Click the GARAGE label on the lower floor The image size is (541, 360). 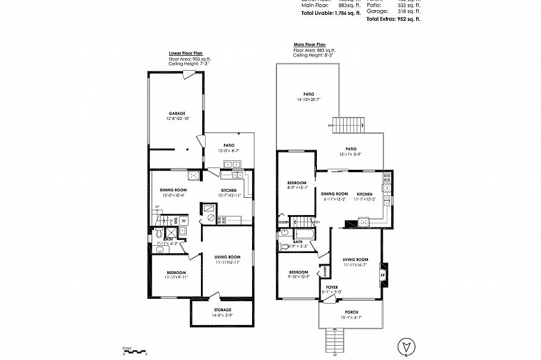[x=177, y=113]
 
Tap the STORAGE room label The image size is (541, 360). [x=222, y=310]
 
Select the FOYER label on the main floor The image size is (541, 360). [x=332, y=286]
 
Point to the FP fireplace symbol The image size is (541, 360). [x=383, y=275]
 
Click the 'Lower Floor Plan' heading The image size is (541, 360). [x=185, y=53]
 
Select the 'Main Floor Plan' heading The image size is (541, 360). [x=310, y=45]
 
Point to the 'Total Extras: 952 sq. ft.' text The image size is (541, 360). [x=393, y=19]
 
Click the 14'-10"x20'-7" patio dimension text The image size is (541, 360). [x=308, y=100]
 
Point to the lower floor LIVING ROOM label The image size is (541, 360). [x=227, y=257]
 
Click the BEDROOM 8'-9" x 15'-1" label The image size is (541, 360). [x=297, y=182]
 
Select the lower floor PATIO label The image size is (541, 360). [x=229, y=145]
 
